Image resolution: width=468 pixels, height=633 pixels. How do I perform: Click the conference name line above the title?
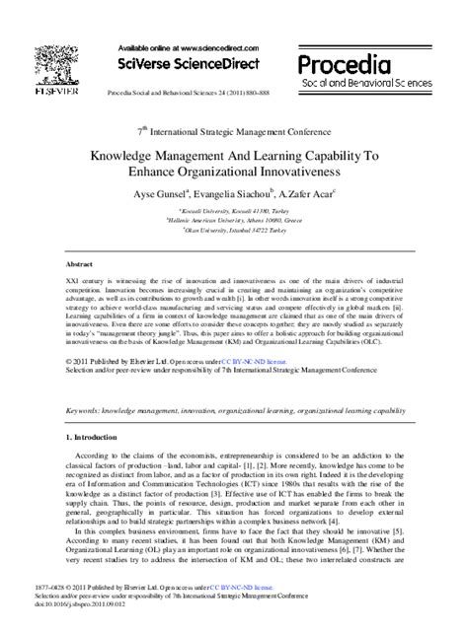pos(233,128)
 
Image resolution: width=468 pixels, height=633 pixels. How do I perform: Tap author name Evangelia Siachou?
pos(253,196)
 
